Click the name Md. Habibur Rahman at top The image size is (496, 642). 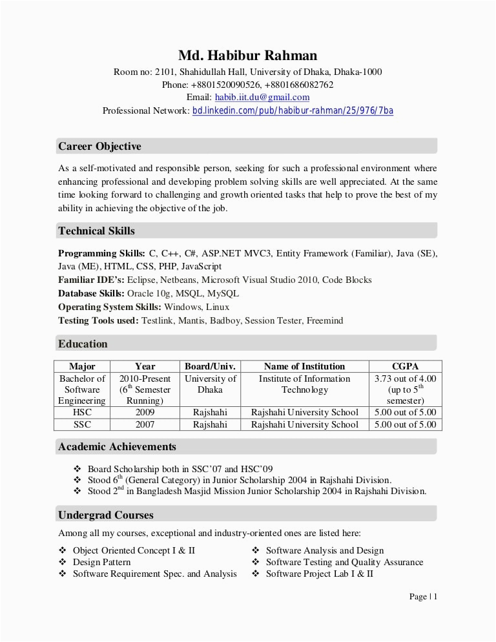(247, 56)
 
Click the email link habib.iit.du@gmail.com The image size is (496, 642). (262, 98)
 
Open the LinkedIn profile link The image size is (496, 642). (293, 110)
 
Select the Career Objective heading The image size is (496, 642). (99, 147)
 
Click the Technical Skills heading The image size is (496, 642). (96, 231)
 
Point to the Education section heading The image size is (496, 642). (83, 344)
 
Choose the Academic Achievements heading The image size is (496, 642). (117, 446)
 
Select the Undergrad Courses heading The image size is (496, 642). (106, 515)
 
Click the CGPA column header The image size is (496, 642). (405, 366)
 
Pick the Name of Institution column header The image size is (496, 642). (304, 366)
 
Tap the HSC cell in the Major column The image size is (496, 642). (82, 412)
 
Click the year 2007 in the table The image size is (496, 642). (145, 424)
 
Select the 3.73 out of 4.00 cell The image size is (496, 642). (405, 378)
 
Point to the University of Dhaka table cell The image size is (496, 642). (210, 384)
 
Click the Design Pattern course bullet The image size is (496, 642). (101, 562)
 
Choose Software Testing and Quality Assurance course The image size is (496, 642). (344, 562)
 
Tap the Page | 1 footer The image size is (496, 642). (423, 596)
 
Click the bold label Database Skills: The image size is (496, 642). (91, 293)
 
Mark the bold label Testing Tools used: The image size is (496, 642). (98, 320)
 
